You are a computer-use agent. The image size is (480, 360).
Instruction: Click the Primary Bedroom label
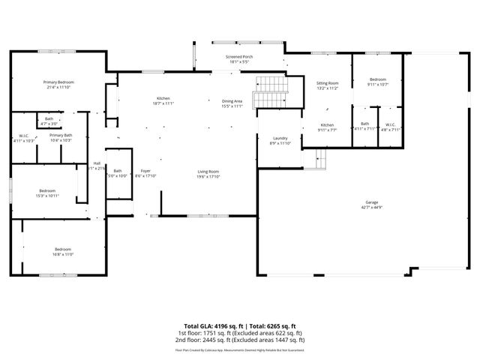[58, 84]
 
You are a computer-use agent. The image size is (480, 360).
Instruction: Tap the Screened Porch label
[239, 58]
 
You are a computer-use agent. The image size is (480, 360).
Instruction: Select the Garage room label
[371, 203]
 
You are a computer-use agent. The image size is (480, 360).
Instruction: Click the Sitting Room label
[327, 85]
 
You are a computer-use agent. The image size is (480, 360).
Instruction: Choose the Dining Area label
[232, 103]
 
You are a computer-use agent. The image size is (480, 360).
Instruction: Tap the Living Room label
[208, 174]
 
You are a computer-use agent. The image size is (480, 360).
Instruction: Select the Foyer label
[145, 172]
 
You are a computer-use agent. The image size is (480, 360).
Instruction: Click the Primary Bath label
[61, 137]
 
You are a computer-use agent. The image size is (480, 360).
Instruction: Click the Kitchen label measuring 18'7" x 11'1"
[163, 101]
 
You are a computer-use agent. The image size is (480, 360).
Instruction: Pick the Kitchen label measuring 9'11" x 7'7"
[327, 127]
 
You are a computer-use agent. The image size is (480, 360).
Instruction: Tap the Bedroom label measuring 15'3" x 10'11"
[46, 193]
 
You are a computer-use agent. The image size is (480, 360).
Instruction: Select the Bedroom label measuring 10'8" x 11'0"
[62, 251]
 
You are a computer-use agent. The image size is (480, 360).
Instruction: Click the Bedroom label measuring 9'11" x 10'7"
[376, 82]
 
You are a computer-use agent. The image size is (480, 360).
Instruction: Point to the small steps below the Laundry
[321, 158]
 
